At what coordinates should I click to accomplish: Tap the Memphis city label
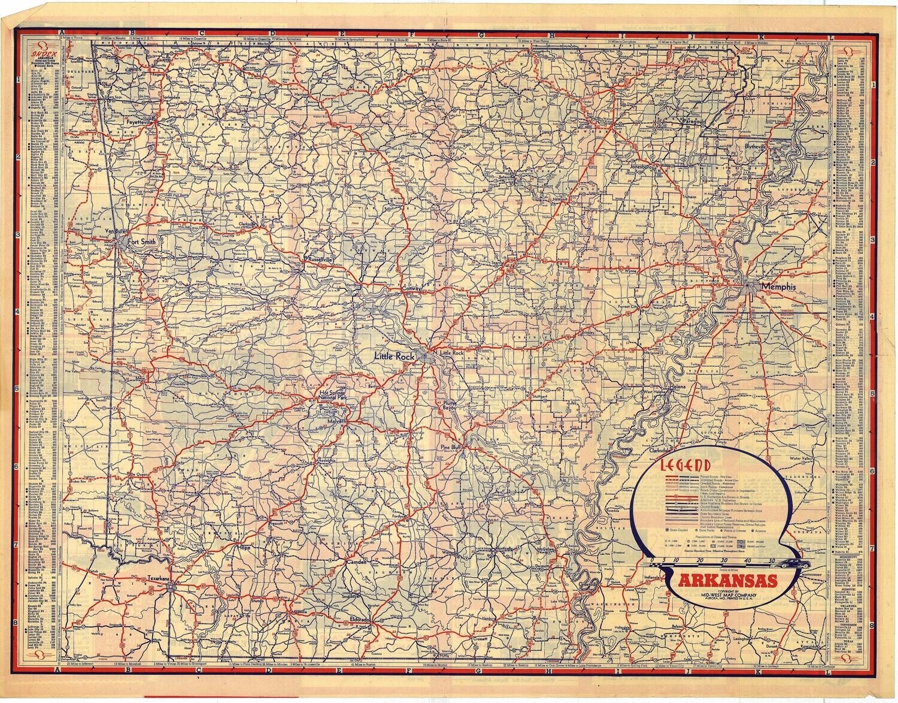click(x=779, y=287)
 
